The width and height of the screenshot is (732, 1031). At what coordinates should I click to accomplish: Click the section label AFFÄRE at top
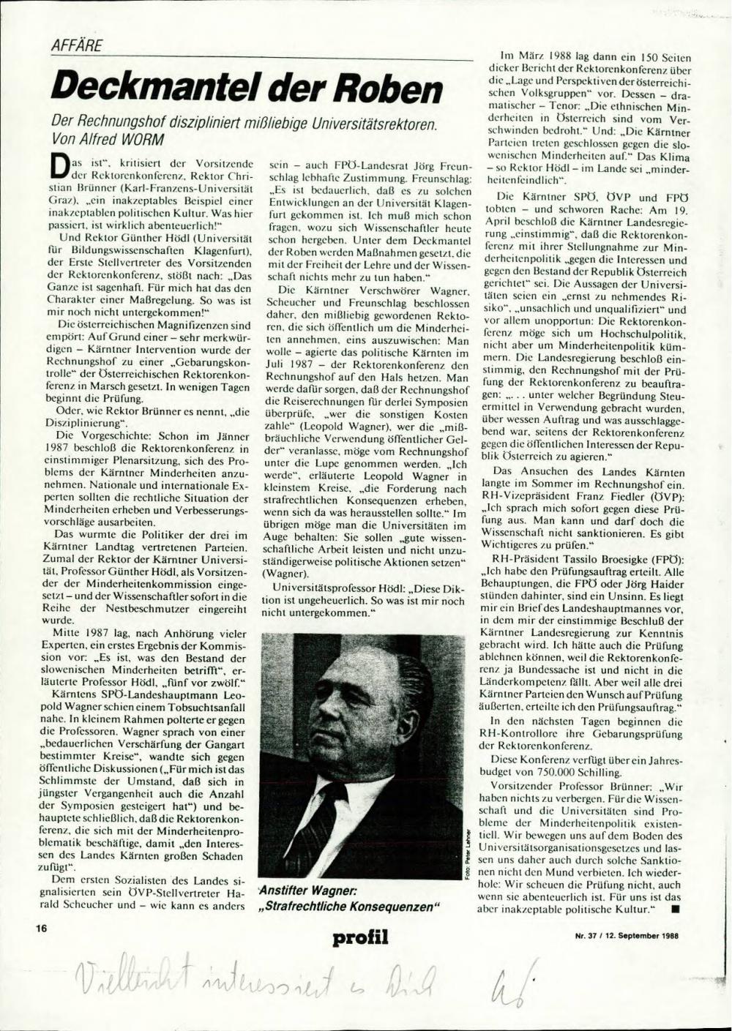tap(76, 46)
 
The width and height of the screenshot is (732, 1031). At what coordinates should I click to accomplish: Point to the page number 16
tap(41, 928)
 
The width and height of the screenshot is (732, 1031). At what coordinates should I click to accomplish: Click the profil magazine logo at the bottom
tap(360, 937)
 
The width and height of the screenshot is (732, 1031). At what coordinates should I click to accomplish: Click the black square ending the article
tap(674, 910)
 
